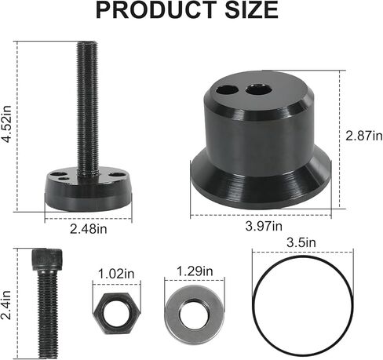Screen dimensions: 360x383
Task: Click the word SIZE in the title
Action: (252, 11)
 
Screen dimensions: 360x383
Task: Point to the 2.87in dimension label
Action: (363, 136)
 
